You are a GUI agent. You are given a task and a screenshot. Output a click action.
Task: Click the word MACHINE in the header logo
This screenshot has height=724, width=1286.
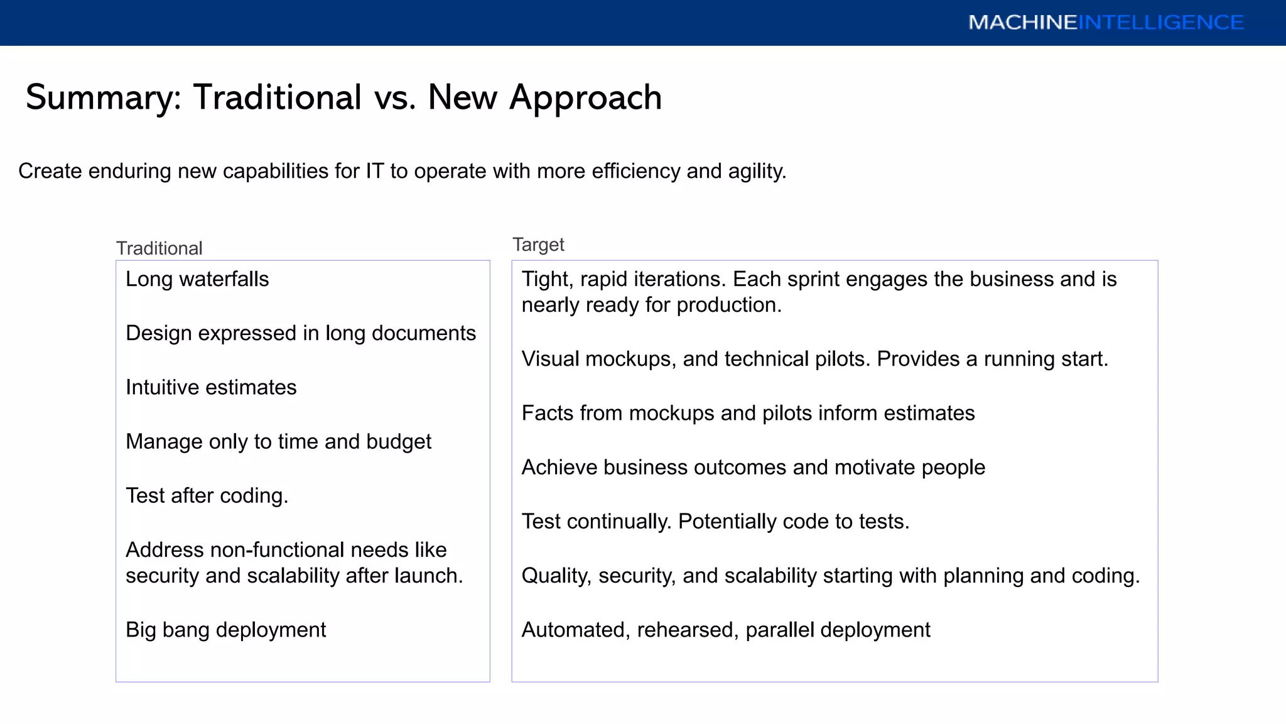coord(1023,23)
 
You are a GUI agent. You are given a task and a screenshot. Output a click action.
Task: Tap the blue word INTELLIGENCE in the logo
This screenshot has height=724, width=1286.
coord(1161,23)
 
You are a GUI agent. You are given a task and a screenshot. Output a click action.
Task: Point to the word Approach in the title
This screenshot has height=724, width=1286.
coord(585,98)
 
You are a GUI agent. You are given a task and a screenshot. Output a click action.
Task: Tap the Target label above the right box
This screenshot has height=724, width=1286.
coord(538,244)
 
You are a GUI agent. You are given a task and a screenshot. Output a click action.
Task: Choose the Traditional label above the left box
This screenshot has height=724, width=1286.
coord(159,248)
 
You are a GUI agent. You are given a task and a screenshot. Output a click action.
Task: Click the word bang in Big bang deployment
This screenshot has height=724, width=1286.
coord(185,630)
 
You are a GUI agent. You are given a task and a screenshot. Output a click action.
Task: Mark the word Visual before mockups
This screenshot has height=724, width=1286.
coord(550,359)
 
